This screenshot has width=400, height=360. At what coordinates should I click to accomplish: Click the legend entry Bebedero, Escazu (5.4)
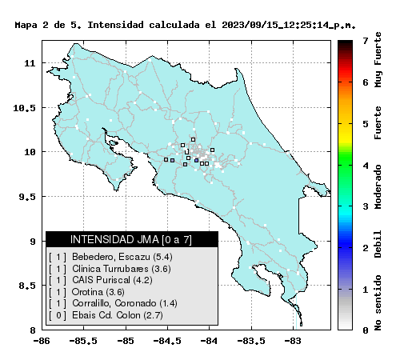110,257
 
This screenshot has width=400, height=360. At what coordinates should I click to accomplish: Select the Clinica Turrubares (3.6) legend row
110,269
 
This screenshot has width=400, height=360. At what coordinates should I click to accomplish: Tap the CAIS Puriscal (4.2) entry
101,280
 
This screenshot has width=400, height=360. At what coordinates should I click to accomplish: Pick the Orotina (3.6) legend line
86,292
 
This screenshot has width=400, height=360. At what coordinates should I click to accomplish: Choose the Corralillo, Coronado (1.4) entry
113,303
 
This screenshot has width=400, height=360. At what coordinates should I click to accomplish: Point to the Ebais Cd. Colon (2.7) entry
106,315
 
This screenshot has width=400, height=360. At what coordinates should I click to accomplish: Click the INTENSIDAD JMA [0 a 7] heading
131,239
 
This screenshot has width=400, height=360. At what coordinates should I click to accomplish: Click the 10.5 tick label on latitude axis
24,108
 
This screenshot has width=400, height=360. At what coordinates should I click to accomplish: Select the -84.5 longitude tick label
167,341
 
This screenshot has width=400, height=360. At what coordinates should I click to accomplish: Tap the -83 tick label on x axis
293,341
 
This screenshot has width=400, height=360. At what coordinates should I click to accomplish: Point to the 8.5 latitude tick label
27,286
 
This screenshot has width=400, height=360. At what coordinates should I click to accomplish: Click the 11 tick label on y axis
30,63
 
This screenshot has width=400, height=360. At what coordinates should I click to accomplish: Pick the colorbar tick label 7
366,41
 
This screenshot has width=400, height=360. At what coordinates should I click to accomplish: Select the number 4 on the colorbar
366,166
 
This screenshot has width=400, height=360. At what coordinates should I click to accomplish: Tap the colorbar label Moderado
378,186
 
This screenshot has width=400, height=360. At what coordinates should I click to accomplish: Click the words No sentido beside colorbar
378,302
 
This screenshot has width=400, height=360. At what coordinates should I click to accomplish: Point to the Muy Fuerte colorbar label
378,59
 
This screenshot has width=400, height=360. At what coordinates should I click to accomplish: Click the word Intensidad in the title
116,25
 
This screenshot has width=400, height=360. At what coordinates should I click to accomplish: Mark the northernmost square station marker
193,139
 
